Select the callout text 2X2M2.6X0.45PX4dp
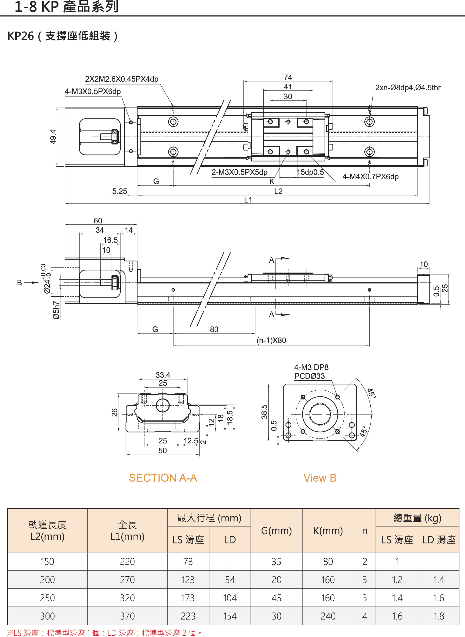click(x=122, y=79)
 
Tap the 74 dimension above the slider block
click(x=288, y=77)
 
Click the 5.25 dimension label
click(x=120, y=191)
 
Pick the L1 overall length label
click(x=248, y=200)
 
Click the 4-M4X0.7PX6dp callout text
click(x=370, y=177)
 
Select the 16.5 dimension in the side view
click(x=110, y=240)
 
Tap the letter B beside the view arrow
click(x=20, y=282)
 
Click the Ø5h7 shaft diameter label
click(x=56, y=310)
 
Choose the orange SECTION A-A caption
click(x=163, y=478)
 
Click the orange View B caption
click(x=320, y=478)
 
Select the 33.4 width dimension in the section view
click(x=163, y=375)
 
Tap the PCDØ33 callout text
click(x=309, y=376)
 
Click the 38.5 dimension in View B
click(x=264, y=412)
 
